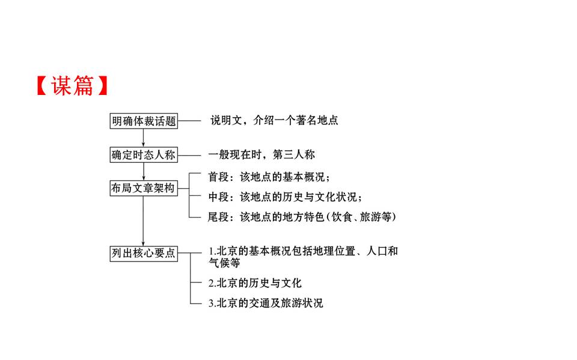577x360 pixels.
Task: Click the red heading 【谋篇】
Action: coord(72,87)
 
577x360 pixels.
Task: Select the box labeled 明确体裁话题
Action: coord(144,121)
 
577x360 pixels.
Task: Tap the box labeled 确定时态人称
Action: coord(144,154)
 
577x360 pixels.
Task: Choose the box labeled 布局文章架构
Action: coord(144,188)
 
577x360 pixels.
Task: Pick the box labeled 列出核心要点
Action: coord(144,253)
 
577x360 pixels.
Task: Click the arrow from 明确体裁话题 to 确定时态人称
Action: coord(144,138)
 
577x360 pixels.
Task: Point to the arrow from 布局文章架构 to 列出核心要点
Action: coord(144,221)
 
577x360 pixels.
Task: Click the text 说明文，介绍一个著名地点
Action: coord(274,120)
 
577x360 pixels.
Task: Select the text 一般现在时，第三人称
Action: coord(261,154)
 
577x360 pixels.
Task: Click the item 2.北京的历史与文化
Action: coord(255,282)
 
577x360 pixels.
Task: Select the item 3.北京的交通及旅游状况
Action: coord(266,303)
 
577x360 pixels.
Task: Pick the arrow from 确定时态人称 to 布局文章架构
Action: coord(144,171)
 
